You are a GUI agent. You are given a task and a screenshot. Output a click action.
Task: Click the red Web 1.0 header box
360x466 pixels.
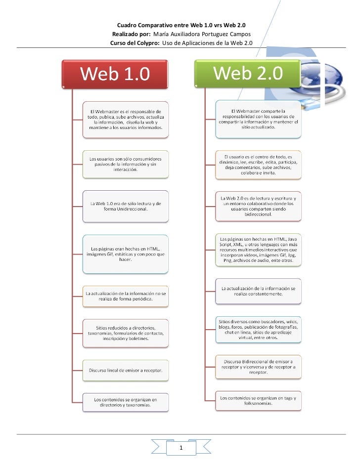(x=115, y=75)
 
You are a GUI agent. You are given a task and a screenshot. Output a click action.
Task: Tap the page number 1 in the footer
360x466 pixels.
(x=181, y=448)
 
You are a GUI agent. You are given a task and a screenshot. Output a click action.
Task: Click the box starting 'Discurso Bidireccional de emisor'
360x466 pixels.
(x=258, y=367)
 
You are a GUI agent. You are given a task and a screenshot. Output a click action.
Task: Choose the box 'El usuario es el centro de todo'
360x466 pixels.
(x=258, y=164)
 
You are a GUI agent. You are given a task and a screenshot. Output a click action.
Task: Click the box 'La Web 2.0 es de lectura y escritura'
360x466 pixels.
(x=258, y=206)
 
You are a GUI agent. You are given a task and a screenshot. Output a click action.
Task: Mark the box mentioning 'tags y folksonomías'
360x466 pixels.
(x=258, y=400)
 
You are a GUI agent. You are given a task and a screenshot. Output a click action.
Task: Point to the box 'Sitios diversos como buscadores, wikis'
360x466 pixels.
(x=258, y=329)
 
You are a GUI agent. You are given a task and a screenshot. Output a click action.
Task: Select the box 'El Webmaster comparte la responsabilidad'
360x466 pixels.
(x=258, y=119)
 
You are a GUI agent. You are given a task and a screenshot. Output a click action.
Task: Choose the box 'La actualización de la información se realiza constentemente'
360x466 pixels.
(x=258, y=291)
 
